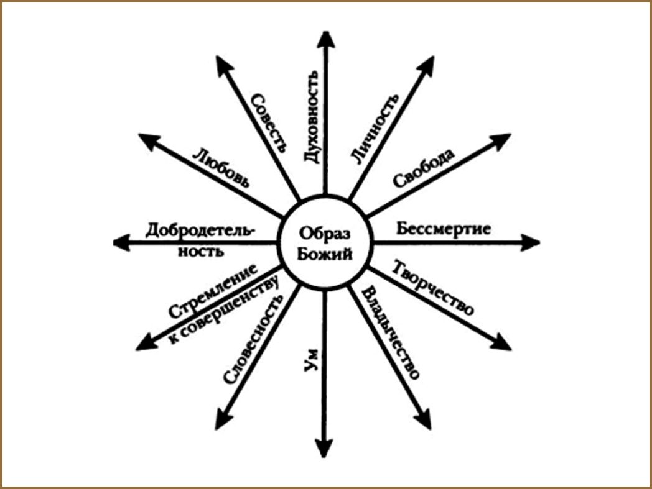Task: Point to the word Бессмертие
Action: tap(444, 228)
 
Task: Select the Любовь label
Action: tap(221, 168)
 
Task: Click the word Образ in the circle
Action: tap(325, 232)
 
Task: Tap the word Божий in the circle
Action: tap(325, 252)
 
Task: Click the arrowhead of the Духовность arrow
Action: tap(325, 39)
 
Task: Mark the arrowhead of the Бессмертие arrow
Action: tap(531, 242)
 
